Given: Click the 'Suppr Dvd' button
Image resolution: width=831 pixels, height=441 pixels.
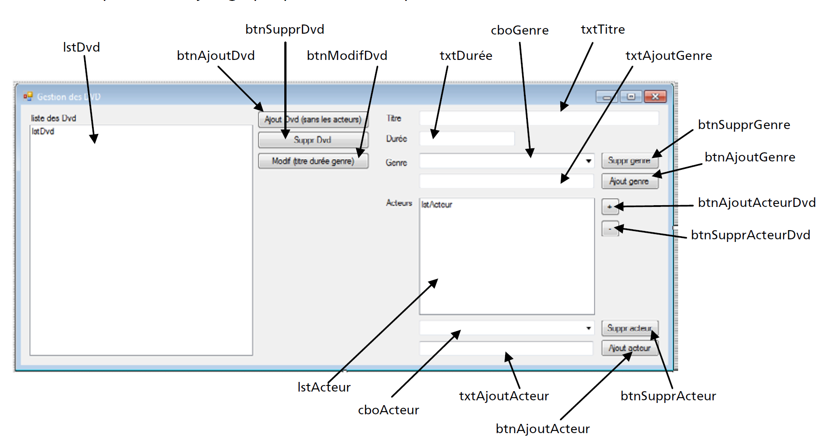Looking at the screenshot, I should click(x=313, y=140).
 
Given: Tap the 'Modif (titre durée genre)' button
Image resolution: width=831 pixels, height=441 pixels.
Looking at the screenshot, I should click(x=313, y=161).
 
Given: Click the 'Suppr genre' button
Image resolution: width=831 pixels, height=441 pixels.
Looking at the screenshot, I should click(x=629, y=161).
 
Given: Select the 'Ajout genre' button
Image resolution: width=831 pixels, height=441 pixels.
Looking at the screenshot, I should click(x=629, y=181).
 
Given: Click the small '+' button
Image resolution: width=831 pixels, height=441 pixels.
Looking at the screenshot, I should click(x=610, y=206).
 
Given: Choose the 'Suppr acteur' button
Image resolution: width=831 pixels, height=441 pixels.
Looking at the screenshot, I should click(x=629, y=328).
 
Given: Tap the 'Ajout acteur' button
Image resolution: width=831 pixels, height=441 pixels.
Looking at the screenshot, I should click(x=629, y=348).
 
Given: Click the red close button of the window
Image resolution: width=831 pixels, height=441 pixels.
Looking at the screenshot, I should click(x=655, y=96).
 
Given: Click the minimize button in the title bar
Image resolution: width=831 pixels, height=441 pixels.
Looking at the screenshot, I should click(x=607, y=97).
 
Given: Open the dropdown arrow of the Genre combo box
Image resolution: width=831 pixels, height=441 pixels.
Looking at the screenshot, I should click(x=588, y=161).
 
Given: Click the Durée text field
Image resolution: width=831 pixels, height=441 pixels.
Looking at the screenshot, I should click(x=467, y=139).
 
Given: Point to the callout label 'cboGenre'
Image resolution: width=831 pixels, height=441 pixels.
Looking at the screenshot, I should click(x=520, y=30).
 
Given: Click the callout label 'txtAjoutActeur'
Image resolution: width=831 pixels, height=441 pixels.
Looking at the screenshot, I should click(x=504, y=396).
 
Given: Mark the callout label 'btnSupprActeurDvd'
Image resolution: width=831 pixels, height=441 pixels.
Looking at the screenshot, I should click(x=750, y=235).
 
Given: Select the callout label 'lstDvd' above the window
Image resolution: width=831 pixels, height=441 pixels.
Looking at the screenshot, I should click(x=81, y=47).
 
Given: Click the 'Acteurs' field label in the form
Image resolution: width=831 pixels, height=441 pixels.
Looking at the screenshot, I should click(x=399, y=203).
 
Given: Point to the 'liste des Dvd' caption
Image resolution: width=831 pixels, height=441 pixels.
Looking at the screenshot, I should click(x=53, y=118).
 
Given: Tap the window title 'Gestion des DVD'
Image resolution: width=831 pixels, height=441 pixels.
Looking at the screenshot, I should click(x=69, y=97).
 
